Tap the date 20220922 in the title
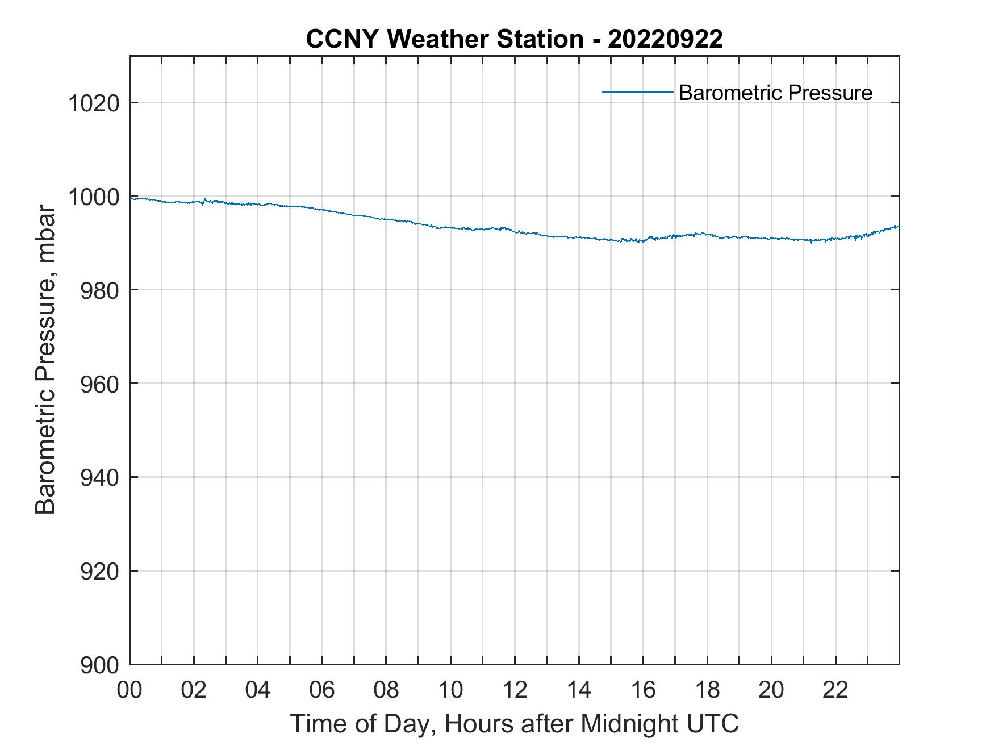coord(665,39)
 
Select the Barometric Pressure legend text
coord(775,93)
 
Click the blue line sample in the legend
coord(637,91)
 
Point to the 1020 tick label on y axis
coord(93,104)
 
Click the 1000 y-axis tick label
coord(93,198)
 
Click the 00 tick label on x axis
coord(130,690)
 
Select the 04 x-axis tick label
coord(258,690)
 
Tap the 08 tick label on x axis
coord(386,690)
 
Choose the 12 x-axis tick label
coord(515,690)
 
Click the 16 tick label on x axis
coord(643,690)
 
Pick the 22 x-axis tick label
coord(836,690)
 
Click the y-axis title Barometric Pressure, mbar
coord(45,360)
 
